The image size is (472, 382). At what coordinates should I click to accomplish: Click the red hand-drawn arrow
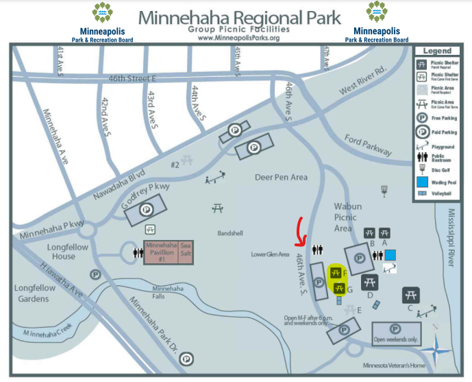point(299,233)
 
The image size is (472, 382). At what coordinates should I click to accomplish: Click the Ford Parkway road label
point(368,145)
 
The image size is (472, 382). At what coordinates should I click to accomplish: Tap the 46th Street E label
point(133,80)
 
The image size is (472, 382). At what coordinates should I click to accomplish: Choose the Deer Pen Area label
point(281,177)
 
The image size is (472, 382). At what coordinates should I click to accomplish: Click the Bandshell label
point(231,232)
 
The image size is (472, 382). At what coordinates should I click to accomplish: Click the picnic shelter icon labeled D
point(369,282)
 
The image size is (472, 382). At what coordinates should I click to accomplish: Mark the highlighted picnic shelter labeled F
point(336,274)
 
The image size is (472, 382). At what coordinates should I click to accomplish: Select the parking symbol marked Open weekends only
point(395,329)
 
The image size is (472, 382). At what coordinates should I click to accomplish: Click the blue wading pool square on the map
point(390,255)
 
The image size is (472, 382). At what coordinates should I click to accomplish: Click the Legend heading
point(437,51)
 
